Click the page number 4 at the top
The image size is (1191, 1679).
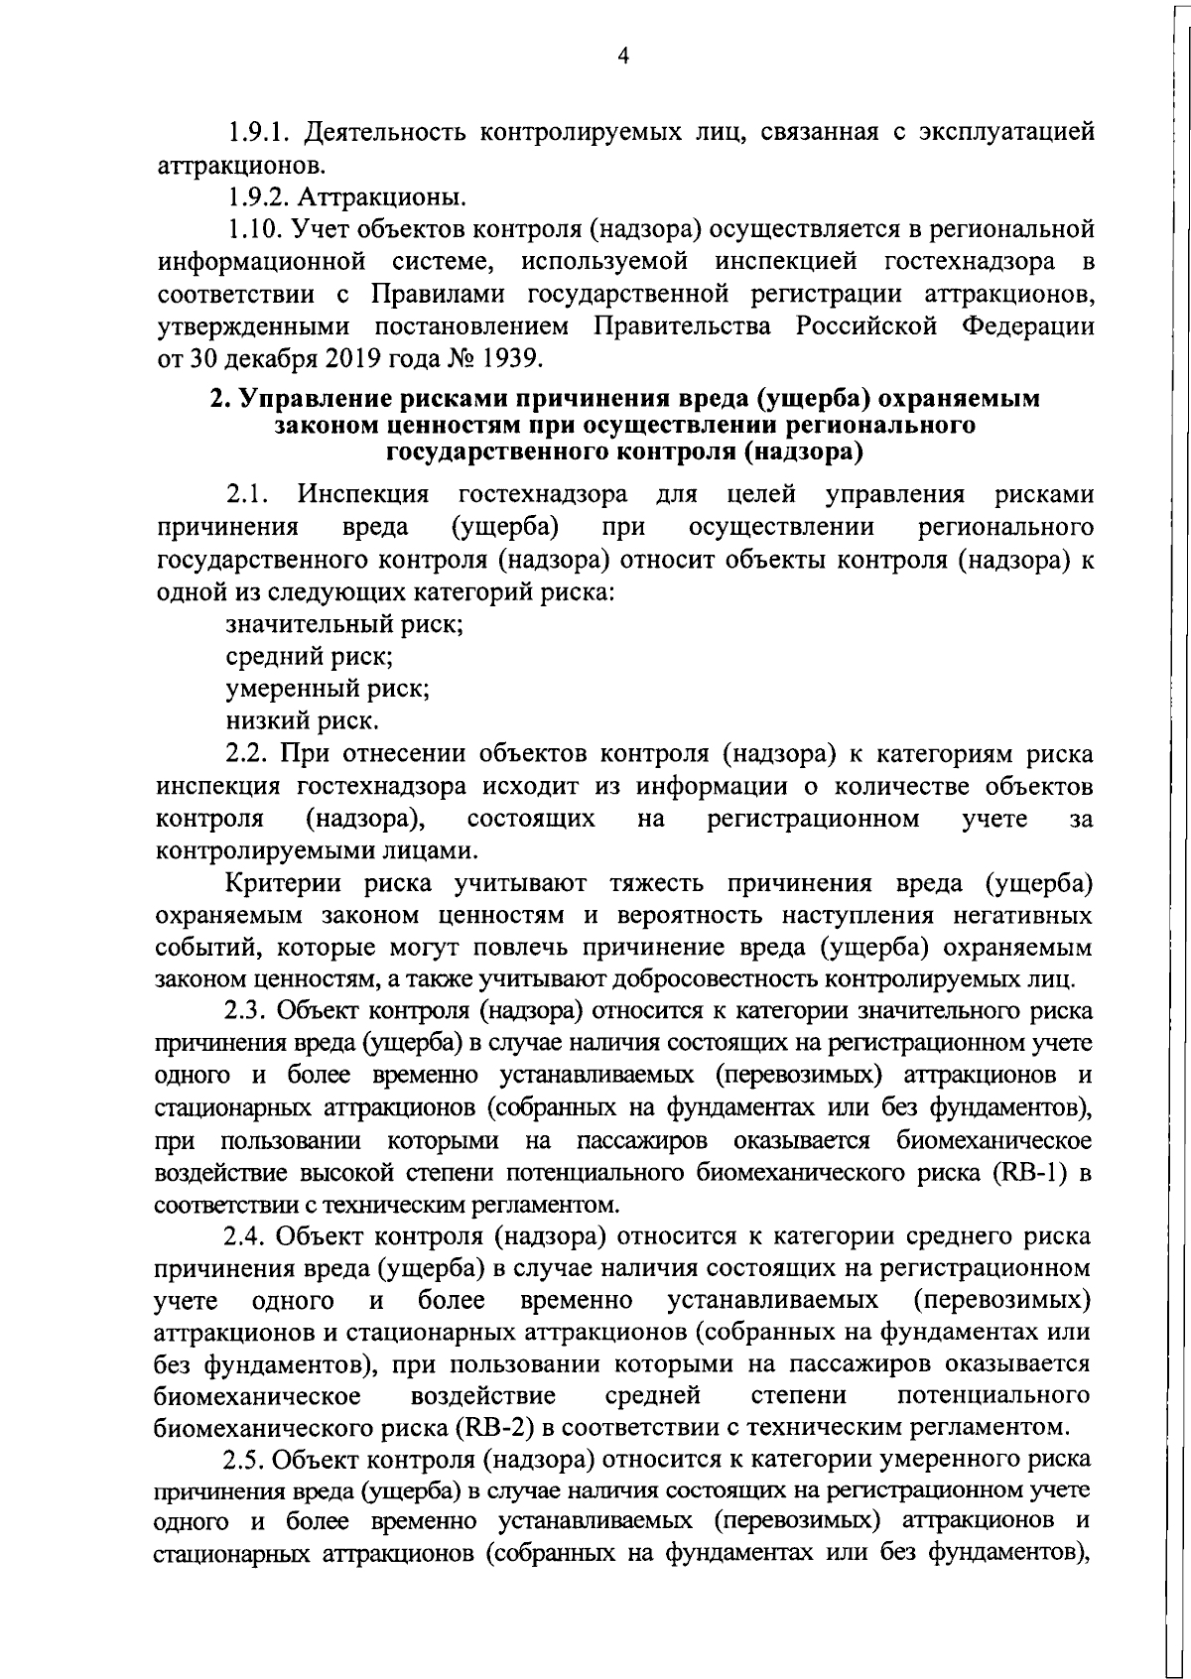coord(622,57)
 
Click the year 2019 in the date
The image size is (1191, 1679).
coord(321,358)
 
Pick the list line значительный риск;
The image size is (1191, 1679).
coord(344,625)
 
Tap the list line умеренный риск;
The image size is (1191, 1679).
coord(328,689)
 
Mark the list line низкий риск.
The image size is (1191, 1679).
coord(302,721)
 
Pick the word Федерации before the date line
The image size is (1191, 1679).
coord(1028,326)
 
